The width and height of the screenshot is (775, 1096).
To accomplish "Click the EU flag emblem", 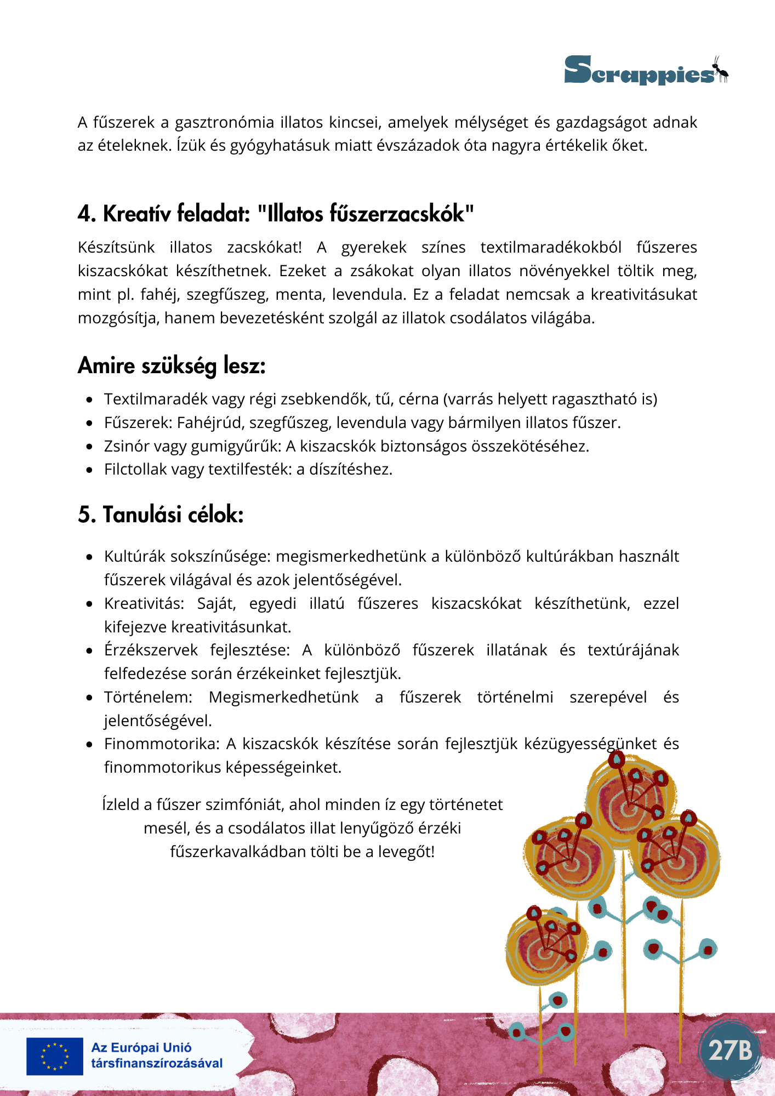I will (x=55, y=1056).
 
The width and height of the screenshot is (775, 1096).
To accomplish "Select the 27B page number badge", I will (x=730, y=1050).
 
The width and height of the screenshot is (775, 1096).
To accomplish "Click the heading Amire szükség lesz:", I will (x=172, y=366).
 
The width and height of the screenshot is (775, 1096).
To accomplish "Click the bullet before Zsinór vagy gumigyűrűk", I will (x=89, y=447).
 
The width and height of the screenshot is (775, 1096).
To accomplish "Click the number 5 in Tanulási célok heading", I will (x=84, y=515).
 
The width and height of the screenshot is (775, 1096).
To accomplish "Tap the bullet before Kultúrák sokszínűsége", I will (x=89, y=557).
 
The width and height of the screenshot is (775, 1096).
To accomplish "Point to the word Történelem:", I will (x=148, y=697).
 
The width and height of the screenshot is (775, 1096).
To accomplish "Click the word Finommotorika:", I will (x=162, y=744).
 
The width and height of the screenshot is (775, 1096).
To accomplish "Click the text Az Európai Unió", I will (x=141, y=1048).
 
